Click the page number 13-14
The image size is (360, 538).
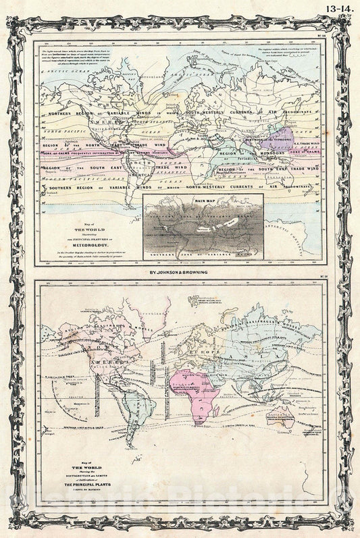pos(340,9)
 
